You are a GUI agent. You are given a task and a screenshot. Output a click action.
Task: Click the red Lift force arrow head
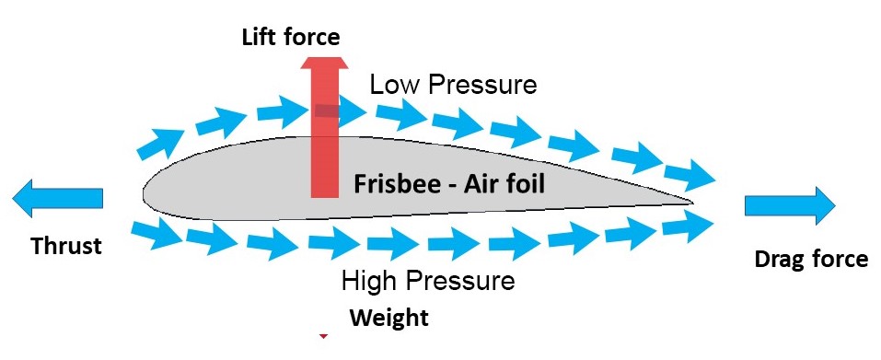tap(325, 65)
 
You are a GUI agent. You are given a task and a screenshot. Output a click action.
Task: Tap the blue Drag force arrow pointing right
tap(790, 203)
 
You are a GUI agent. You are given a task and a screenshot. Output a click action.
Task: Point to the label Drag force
tap(811, 260)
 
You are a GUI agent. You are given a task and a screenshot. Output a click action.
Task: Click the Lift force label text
tap(290, 37)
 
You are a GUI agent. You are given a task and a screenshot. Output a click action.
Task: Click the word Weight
tap(388, 319)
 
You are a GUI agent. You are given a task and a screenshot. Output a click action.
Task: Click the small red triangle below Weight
tap(323, 337)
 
